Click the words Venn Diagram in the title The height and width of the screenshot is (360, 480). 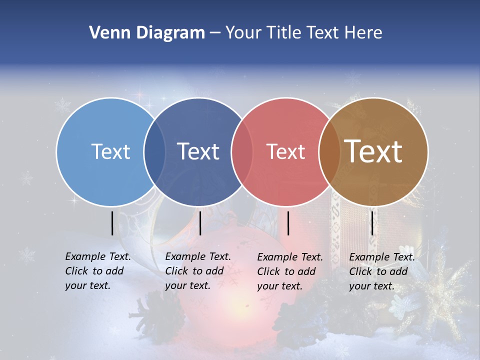147,33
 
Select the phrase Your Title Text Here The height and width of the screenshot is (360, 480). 303,33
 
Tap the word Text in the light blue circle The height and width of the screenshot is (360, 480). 110,151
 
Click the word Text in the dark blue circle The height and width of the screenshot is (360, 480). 198,151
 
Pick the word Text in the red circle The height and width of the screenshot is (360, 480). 286,151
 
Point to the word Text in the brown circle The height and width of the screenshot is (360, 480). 373,151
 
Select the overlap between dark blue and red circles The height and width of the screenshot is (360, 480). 242,151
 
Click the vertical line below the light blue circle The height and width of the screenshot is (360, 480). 112,223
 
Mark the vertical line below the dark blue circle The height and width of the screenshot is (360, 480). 200,223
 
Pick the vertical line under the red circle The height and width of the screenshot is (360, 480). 288,223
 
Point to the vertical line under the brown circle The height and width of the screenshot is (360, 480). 372,223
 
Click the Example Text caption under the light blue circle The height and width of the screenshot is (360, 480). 97,271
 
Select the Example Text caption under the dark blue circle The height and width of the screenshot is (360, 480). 197,271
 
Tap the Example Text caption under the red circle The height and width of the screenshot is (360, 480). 289,271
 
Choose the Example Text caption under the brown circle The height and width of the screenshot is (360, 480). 381,271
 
